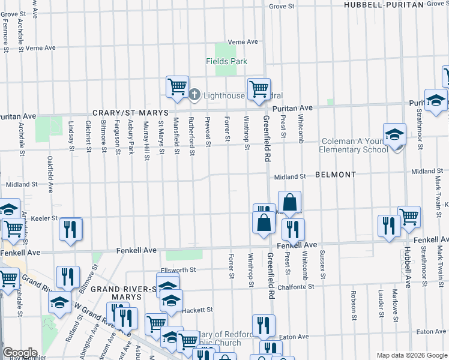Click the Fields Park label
(226, 61)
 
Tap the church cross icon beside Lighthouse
(194, 95)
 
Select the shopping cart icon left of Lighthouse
(177, 86)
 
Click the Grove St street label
(282, 6)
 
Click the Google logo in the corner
(20, 353)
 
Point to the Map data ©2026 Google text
(412, 355)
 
